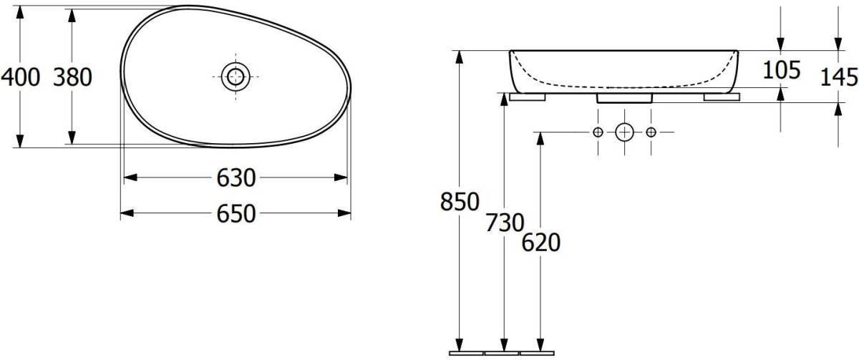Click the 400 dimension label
pos(20,77)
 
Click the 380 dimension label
pos(72,77)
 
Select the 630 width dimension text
pos(236,178)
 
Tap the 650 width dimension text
pos(236,213)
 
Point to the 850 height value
pos(460,202)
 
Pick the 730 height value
pos(505,223)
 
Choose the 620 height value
pos(541,243)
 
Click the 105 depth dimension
pos(782,70)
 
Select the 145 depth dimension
pos(839,77)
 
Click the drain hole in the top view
pos(236,77)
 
